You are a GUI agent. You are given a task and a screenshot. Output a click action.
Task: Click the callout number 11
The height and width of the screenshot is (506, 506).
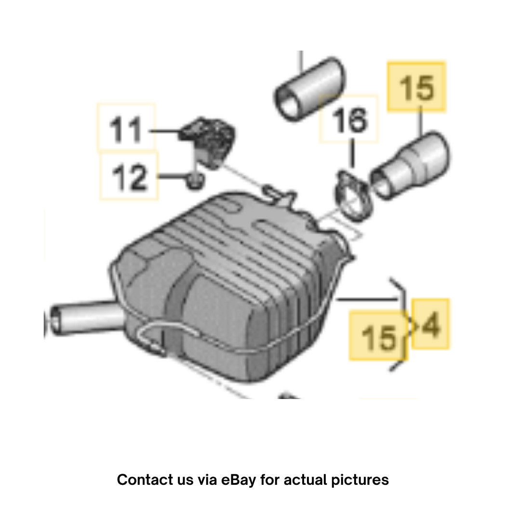click(x=125, y=130)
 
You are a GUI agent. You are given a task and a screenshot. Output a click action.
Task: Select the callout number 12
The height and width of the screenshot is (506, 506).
click(x=129, y=177)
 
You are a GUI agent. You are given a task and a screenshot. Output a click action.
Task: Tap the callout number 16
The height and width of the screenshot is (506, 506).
click(x=350, y=120)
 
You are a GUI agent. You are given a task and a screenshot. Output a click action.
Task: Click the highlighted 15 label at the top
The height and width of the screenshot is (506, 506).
click(x=417, y=87)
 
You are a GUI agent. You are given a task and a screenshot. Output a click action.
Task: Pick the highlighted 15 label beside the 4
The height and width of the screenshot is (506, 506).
click(x=378, y=337)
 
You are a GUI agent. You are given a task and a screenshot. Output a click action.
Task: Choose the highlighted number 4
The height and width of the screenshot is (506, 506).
click(x=431, y=324)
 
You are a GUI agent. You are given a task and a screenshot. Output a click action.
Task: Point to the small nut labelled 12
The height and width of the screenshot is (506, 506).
click(x=195, y=181)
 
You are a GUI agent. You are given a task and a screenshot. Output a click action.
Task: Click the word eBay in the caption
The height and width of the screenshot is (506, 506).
click(x=238, y=480)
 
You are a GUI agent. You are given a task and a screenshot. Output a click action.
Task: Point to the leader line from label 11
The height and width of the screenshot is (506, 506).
click(x=165, y=131)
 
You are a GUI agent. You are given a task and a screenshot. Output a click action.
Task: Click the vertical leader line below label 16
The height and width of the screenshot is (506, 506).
click(x=352, y=153)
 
